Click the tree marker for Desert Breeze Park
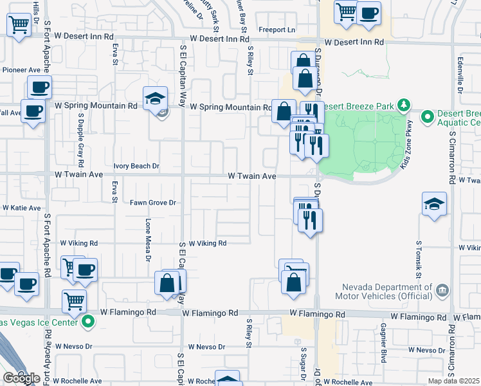click(404, 104)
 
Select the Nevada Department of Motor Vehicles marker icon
click(442, 290)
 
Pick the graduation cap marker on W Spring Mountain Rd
click(154, 98)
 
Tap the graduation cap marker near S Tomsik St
click(435, 204)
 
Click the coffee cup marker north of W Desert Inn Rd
click(369, 12)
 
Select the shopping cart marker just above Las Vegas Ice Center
click(75, 300)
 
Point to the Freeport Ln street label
click(277, 30)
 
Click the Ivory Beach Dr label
click(136, 166)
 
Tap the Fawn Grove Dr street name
click(153, 203)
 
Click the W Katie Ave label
click(22, 208)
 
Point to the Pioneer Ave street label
click(21, 69)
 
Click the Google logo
click(21, 379)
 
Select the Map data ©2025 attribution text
click(453, 381)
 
